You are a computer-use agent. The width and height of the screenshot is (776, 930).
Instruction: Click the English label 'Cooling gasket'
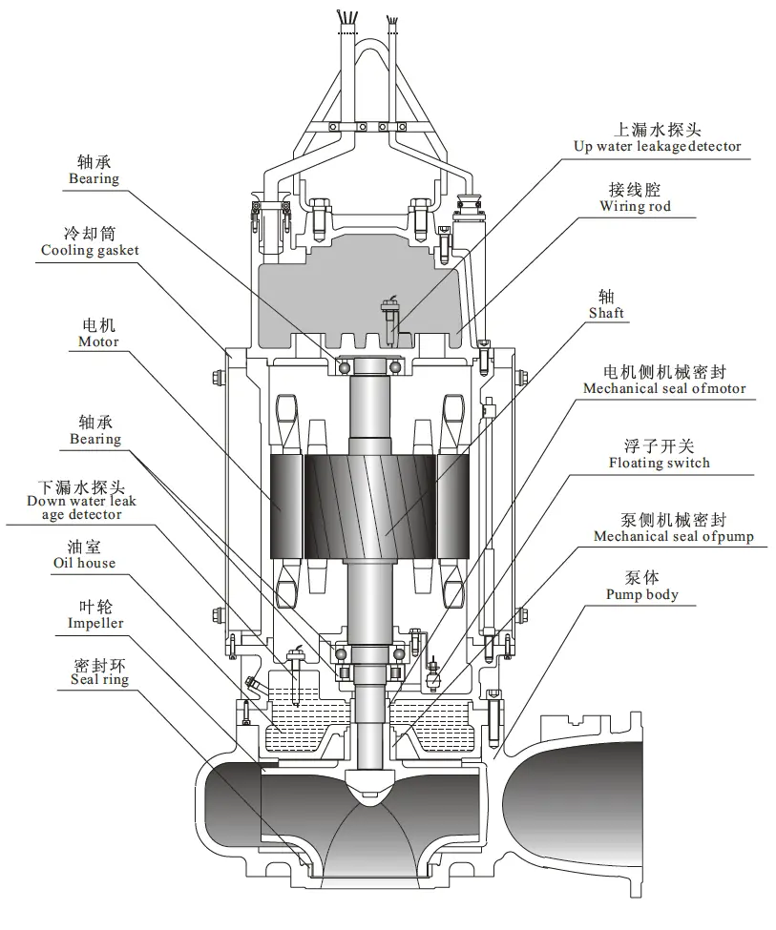(x=90, y=250)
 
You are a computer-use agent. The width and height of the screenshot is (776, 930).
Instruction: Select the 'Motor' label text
(x=98, y=341)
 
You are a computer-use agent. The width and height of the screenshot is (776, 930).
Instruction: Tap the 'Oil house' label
(x=84, y=563)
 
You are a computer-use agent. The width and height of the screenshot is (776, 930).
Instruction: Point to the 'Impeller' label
(x=95, y=623)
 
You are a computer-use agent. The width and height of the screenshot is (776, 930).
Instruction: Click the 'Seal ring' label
(x=99, y=680)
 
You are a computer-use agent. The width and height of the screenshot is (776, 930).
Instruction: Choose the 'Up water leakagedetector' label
(x=656, y=146)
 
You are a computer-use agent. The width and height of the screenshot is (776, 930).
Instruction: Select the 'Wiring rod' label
(x=635, y=206)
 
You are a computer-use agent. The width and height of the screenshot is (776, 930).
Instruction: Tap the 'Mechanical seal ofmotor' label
(x=664, y=388)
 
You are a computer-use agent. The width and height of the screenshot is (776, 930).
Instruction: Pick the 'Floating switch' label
(x=659, y=463)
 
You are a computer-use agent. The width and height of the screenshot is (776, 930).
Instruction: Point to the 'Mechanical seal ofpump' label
(x=673, y=536)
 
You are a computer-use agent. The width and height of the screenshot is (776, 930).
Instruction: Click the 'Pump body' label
(x=641, y=594)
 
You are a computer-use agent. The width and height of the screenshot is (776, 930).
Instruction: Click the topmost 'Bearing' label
(x=94, y=178)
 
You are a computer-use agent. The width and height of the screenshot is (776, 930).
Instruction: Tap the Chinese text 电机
(x=98, y=325)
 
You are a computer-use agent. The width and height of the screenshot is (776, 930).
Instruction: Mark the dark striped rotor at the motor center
(x=370, y=505)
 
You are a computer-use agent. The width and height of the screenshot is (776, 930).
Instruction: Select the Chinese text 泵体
(x=641, y=577)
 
